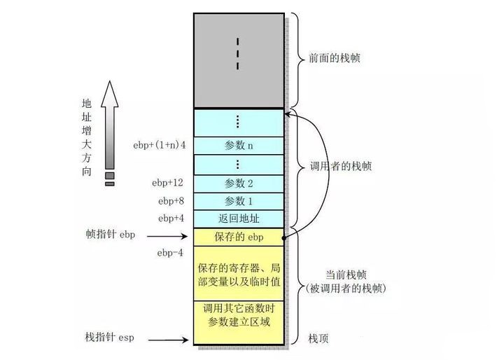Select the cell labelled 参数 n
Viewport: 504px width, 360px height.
click(x=239, y=146)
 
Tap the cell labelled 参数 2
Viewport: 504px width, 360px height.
click(x=239, y=184)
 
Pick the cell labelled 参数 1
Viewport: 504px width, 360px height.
click(x=239, y=201)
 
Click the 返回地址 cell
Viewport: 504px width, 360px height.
click(x=239, y=219)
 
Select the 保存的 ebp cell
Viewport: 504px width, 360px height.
click(x=239, y=237)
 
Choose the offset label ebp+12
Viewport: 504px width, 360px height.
click(x=168, y=184)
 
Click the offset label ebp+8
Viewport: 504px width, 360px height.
click(x=170, y=201)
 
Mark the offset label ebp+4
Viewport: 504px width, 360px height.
click(x=170, y=219)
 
